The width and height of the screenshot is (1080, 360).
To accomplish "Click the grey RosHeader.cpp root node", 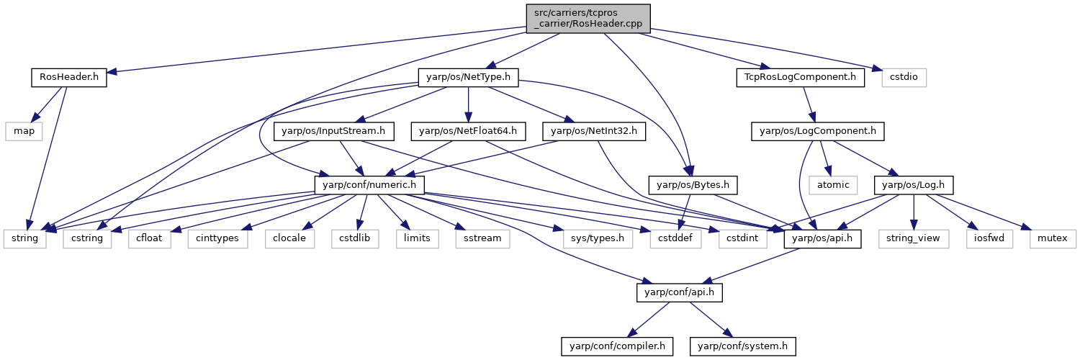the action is point(588,19).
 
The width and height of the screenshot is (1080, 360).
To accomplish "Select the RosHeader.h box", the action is point(69,77).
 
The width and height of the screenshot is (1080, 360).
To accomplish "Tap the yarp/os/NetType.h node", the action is point(468,77).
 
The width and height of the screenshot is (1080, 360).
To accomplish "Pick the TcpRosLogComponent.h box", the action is point(801,77).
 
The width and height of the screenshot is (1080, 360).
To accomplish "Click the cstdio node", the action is point(904,77).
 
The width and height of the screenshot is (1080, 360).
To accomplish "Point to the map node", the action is point(24,131).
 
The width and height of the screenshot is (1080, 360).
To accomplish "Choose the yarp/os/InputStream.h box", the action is point(333,131).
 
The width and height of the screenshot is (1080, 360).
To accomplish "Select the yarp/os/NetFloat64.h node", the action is point(468,131).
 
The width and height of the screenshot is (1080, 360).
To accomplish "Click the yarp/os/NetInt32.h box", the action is point(594,131).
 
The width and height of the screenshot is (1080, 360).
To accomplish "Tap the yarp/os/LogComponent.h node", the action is point(818,131).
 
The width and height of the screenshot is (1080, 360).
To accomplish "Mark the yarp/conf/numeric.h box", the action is point(369,185).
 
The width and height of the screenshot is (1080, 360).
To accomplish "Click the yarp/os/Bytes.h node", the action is point(693,185).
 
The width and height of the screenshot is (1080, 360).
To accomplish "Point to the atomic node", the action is point(833,185).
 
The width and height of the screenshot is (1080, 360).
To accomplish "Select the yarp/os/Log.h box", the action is point(913,185).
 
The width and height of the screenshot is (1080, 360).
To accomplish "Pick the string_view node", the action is point(913,238).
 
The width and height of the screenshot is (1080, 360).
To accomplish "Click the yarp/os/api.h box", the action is point(822,238).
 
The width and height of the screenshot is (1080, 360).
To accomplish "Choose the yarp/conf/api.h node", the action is point(680,292).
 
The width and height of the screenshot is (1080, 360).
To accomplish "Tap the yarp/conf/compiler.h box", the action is point(617,346).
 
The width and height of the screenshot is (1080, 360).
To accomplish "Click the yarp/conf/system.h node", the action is point(742,346).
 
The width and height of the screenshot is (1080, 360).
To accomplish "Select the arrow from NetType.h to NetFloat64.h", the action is point(468,104).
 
